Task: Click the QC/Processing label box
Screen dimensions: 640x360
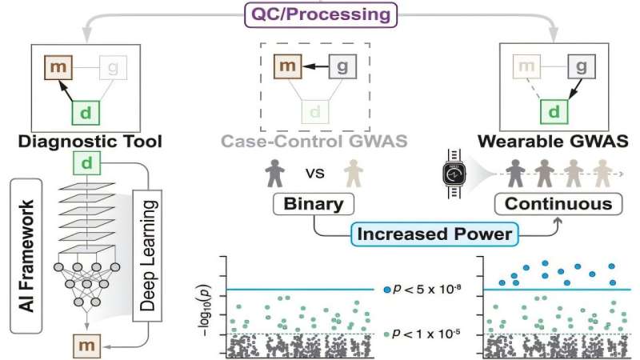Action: (x=321, y=14)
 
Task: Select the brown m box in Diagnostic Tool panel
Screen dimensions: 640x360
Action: (x=58, y=67)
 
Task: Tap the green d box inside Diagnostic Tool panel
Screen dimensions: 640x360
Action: (x=86, y=113)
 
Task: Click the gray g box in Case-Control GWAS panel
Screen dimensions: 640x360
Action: (x=342, y=66)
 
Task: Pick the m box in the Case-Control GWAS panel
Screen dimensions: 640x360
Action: (x=288, y=66)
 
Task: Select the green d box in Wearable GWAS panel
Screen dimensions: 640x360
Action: (x=554, y=111)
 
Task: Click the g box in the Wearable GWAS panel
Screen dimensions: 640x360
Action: (x=582, y=66)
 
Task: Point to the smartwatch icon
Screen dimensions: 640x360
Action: (x=454, y=174)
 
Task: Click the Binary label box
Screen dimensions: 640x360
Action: (x=314, y=204)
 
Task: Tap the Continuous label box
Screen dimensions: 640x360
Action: (x=558, y=204)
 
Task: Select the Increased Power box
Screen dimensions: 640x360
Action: (x=434, y=234)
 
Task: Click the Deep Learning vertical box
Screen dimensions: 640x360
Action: (x=147, y=255)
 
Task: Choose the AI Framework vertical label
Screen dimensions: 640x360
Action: (x=26, y=256)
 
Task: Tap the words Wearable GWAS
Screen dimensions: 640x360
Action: (x=553, y=142)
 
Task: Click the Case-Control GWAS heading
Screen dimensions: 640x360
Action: (x=314, y=142)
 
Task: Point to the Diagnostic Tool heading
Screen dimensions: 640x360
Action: (x=90, y=142)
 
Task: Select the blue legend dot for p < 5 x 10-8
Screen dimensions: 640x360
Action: (x=387, y=290)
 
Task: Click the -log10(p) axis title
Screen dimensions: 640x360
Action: (x=206, y=310)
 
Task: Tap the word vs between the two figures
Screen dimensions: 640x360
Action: (x=314, y=174)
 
